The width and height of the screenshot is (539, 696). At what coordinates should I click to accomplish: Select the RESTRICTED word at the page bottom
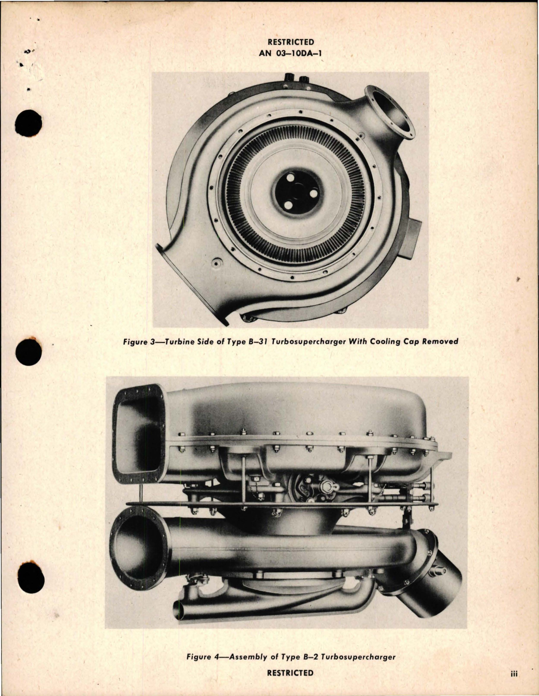tap(290, 673)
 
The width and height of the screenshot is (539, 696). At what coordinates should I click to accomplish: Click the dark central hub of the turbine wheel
tap(297, 191)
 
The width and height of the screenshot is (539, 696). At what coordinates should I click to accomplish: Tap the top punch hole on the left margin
tap(28, 123)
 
